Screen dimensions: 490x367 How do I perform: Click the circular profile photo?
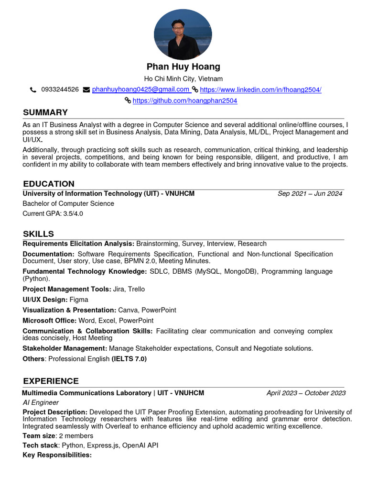click(x=183, y=34)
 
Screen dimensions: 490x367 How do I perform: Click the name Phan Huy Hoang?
click(x=183, y=67)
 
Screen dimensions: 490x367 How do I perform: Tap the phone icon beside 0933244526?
click(x=33, y=89)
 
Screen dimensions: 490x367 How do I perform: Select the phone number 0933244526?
click(x=60, y=89)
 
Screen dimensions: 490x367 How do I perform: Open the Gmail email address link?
click(x=140, y=89)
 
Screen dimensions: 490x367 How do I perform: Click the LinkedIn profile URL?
click(x=260, y=89)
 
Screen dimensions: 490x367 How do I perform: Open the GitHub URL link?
click(x=184, y=100)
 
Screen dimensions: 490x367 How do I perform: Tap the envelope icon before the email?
click(x=86, y=89)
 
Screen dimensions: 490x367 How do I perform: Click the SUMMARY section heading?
click(x=45, y=112)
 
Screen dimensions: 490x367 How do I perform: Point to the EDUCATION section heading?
click(x=49, y=184)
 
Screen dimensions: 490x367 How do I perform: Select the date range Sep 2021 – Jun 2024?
click(x=310, y=194)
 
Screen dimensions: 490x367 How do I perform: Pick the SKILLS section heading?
click(x=38, y=234)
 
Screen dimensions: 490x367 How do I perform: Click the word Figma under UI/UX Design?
click(x=79, y=300)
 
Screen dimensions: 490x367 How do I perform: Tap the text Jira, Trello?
click(x=129, y=289)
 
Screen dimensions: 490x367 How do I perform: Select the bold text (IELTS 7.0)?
click(x=129, y=359)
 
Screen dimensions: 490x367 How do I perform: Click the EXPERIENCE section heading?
click(x=51, y=381)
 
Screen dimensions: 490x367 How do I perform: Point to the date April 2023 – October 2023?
click(x=306, y=393)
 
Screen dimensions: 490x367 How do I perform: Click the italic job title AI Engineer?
click(x=41, y=402)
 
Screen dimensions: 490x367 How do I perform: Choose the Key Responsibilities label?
click(x=57, y=455)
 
